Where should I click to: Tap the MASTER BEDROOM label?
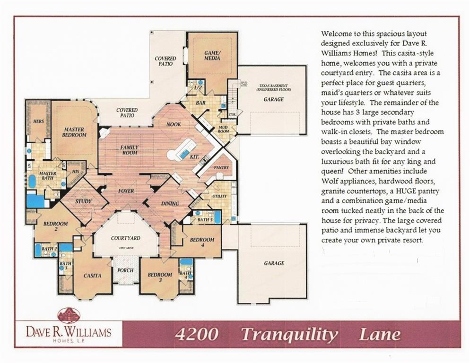74,132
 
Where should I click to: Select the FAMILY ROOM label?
130,150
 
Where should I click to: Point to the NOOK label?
174,124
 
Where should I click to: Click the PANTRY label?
221,167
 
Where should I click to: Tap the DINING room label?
170,204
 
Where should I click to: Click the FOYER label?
126,191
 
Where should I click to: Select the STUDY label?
83,202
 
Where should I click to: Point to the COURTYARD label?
126,238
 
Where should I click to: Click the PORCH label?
125,270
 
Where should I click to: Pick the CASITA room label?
92,276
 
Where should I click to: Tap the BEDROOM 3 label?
160,277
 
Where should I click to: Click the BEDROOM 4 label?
202,242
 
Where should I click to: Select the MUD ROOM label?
223,130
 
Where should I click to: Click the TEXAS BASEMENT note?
274,87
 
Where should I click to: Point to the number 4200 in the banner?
196,335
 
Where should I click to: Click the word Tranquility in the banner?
289,335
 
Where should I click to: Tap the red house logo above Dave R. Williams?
69,315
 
